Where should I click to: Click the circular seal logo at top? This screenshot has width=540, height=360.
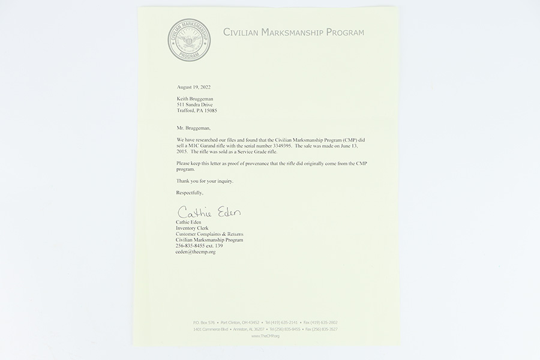189,40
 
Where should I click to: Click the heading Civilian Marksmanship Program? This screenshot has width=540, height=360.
293,32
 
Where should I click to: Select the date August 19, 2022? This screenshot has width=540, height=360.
194,87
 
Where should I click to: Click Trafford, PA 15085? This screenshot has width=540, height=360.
197,110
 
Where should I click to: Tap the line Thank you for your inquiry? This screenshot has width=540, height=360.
205,181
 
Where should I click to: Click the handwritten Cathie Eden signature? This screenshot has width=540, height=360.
208,213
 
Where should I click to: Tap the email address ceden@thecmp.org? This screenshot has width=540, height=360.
196,252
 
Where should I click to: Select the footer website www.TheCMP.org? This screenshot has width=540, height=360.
265,336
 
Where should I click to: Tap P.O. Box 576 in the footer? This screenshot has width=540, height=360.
204,323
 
